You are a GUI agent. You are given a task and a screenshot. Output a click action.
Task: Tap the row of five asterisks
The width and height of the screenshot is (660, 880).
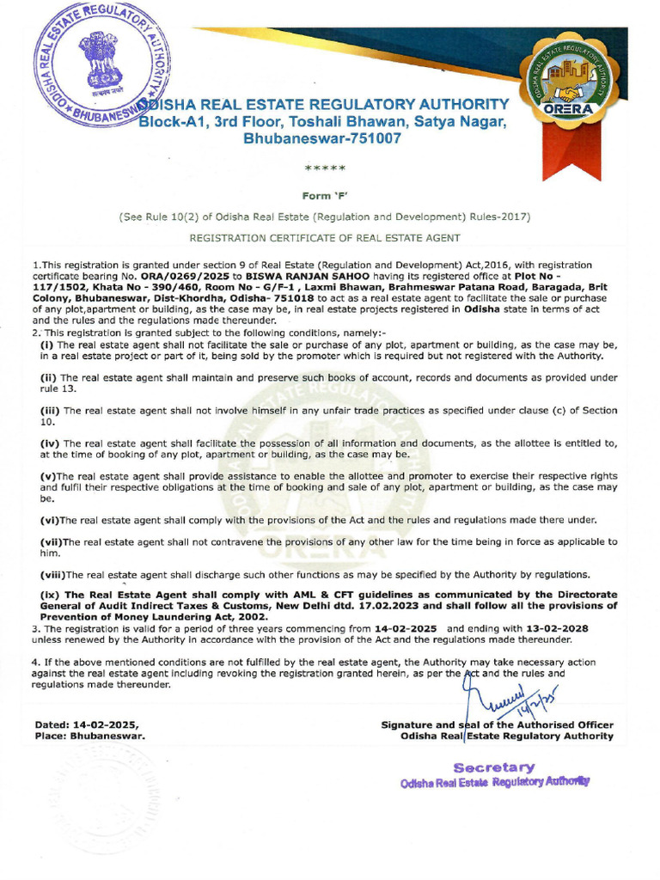(330, 167)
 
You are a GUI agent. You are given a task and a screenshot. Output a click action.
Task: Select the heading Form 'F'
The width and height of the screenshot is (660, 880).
(330, 195)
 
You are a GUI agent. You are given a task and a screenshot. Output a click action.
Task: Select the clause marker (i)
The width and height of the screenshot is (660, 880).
(48, 344)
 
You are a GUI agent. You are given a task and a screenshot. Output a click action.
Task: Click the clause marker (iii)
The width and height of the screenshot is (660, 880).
(50, 411)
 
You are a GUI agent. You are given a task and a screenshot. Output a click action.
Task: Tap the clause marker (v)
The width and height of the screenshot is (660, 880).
(48, 476)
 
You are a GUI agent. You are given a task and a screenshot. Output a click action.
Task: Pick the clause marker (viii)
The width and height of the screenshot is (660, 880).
(52, 574)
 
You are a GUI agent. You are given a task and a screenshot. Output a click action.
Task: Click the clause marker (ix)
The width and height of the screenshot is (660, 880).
(50, 595)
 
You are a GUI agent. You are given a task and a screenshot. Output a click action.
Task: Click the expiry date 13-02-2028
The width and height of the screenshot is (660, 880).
(559, 628)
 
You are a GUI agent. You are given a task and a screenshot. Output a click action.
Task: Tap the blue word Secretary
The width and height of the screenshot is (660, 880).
(494, 767)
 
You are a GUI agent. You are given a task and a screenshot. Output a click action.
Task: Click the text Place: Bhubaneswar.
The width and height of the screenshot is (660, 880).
(89, 736)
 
